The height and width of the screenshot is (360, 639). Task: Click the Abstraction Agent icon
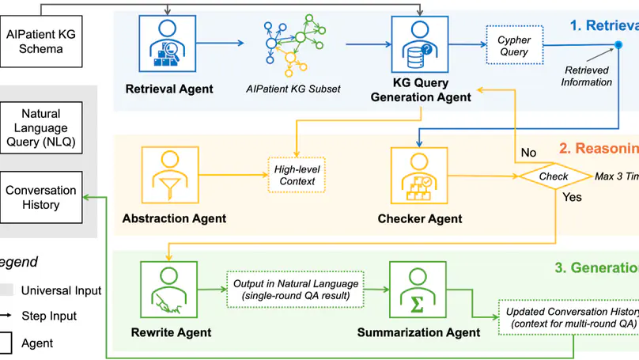[x=168, y=176]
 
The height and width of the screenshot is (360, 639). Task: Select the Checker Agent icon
[x=420, y=176]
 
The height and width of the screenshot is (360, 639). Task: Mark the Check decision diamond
[x=554, y=176]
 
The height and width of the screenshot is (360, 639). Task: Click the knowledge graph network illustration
[x=294, y=47]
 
